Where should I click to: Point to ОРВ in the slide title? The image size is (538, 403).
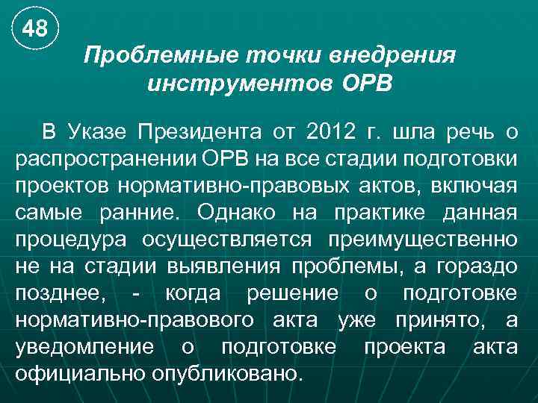pos(366,83)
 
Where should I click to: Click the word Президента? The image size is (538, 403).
pos(197,134)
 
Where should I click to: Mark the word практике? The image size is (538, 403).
pos(382,213)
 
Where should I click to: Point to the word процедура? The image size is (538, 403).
pos(64,240)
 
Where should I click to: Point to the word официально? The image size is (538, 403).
pos(79,374)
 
